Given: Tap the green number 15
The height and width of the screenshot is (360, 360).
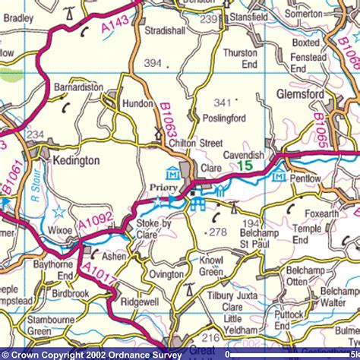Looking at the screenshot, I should click(x=245, y=165).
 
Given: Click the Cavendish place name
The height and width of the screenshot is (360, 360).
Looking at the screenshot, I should click(x=244, y=154).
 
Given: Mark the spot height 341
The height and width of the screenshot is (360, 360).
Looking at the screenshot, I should click(x=223, y=101).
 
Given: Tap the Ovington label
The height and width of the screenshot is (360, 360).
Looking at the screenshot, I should click(x=166, y=274).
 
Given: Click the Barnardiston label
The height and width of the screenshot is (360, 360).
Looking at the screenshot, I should click(x=78, y=87).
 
